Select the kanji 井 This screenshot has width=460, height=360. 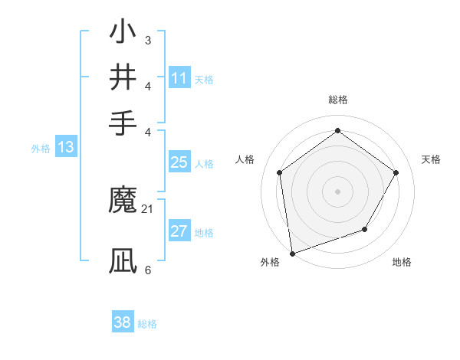click(x=123, y=77)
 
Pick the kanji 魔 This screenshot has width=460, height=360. click(x=123, y=201)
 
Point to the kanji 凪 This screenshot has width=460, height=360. click(x=123, y=261)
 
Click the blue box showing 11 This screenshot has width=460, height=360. click(x=179, y=78)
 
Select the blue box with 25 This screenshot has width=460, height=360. click(x=179, y=162)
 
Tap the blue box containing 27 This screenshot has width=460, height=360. click(x=179, y=231)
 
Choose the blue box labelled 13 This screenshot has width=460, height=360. click(x=65, y=147)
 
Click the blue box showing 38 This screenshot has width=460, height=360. click(x=123, y=322)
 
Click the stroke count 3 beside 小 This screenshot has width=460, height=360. click(x=148, y=41)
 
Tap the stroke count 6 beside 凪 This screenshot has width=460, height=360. click(x=148, y=270)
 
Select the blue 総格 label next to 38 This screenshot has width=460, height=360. click(x=147, y=324)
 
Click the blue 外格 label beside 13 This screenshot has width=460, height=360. click(x=40, y=149)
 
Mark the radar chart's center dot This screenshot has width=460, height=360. click(x=337, y=191)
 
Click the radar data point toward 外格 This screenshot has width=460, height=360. click(x=292, y=253)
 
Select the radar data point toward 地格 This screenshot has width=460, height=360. click(x=365, y=229)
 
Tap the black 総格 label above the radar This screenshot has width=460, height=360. click(x=337, y=100)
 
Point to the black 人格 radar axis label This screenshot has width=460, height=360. click(x=245, y=159)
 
